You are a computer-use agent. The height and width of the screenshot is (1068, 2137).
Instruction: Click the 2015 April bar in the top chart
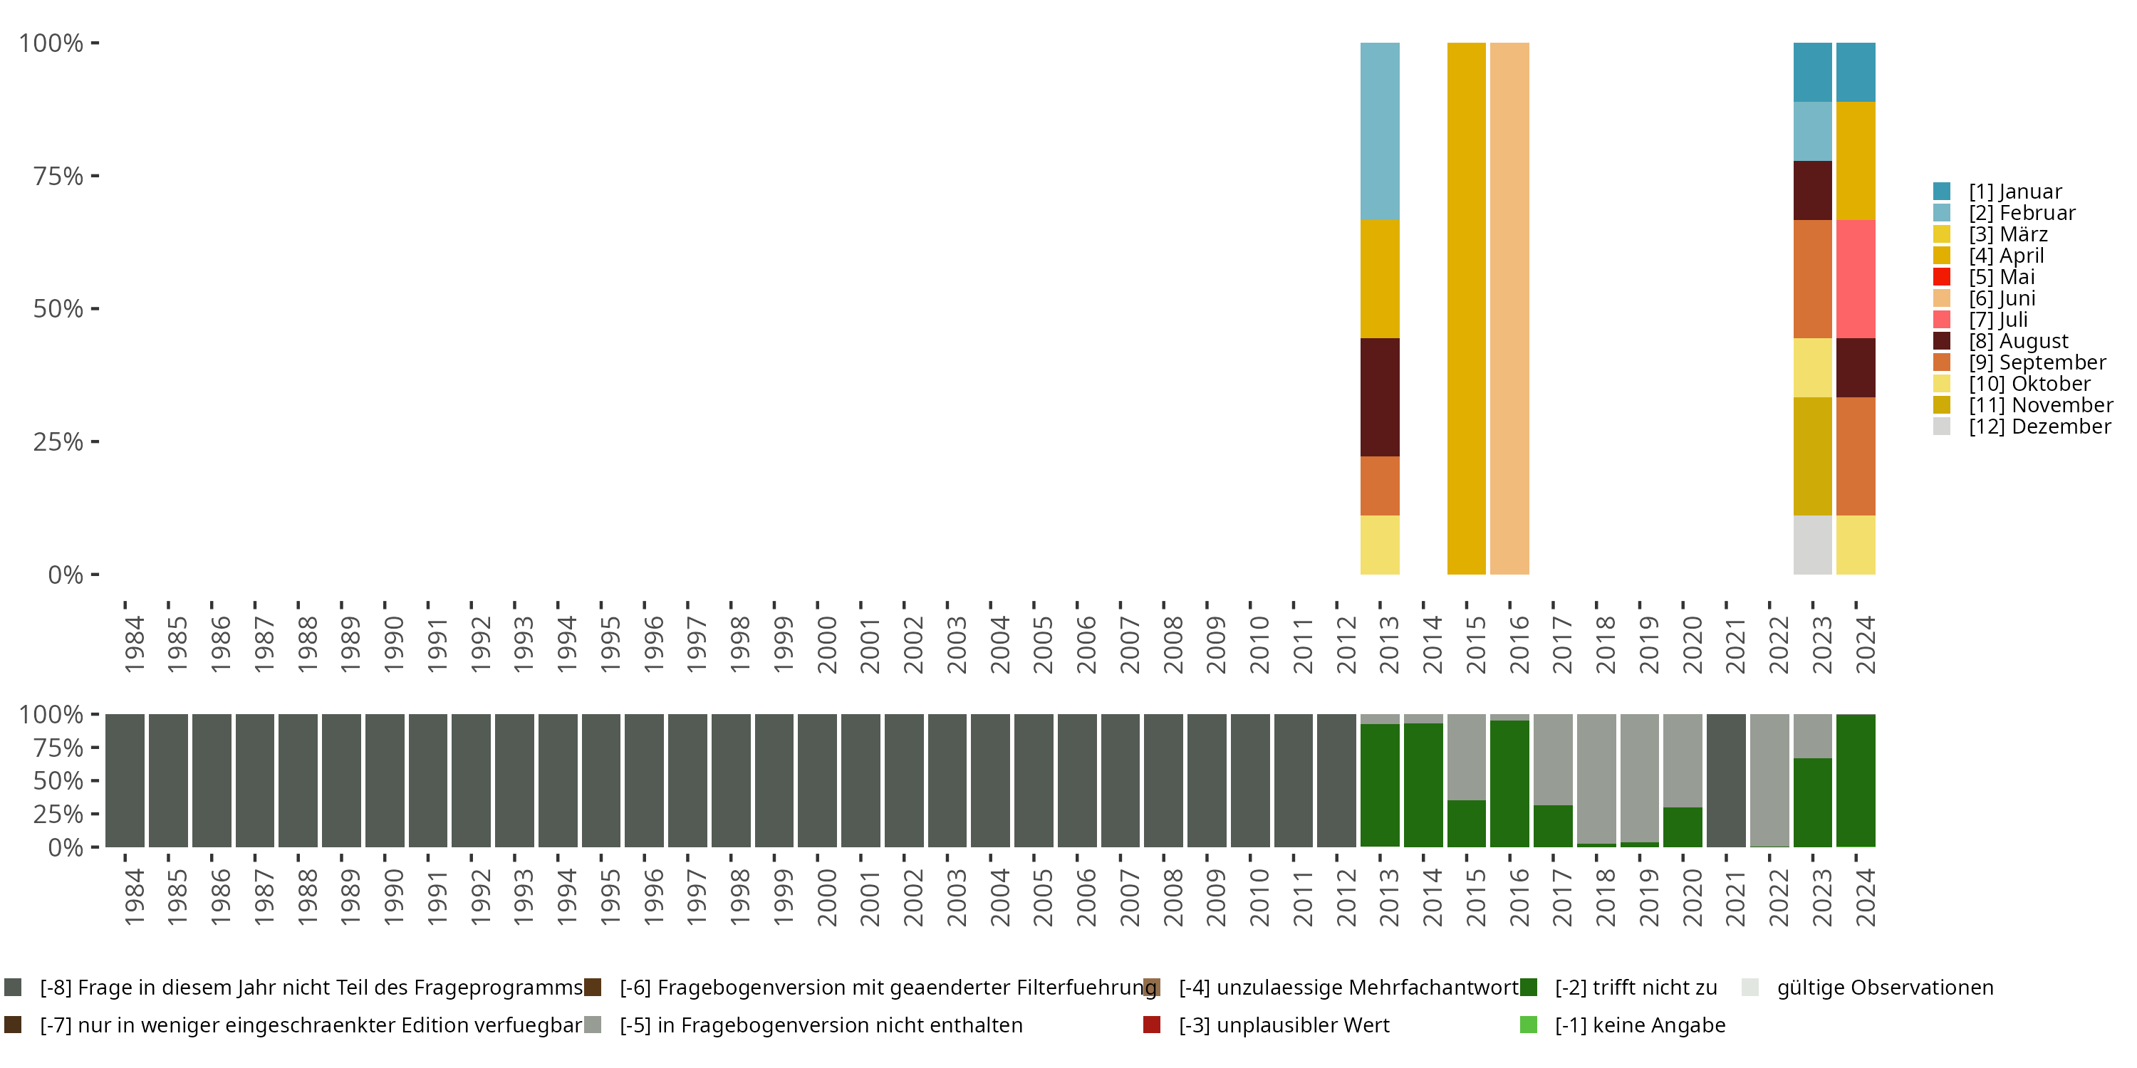pyautogui.click(x=1466, y=308)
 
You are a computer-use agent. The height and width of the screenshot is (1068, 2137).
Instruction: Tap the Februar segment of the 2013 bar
pyautogui.click(x=1380, y=131)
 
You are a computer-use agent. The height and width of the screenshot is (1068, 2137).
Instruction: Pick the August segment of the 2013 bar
pyautogui.click(x=1380, y=397)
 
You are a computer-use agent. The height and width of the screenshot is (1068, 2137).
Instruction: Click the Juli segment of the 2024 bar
pyautogui.click(x=1856, y=278)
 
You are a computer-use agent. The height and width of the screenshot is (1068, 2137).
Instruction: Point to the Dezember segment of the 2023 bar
pyautogui.click(x=1813, y=545)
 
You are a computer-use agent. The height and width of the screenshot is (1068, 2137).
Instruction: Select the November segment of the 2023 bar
pyautogui.click(x=1813, y=456)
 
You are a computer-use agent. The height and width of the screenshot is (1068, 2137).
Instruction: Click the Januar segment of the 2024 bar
pyautogui.click(x=1856, y=72)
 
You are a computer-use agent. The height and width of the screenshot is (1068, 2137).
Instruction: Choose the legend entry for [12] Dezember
pyautogui.click(x=2039, y=426)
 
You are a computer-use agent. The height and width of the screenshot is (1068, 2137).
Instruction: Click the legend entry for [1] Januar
pyautogui.click(x=2014, y=192)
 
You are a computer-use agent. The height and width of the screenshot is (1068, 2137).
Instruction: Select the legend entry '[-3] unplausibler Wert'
pyautogui.click(x=1284, y=1025)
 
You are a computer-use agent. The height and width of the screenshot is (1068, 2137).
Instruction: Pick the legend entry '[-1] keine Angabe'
pyautogui.click(x=1639, y=1025)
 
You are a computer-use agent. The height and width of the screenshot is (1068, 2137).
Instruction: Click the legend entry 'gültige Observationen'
pyautogui.click(x=1884, y=988)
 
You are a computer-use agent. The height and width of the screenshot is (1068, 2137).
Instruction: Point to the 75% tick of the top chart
pyautogui.click(x=58, y=176)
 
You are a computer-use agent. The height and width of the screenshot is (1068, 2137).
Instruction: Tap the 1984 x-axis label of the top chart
pyautogui.click(x=134, y=645)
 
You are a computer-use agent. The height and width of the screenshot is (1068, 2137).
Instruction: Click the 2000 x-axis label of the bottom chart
pyautogui.click(x=826, y=898)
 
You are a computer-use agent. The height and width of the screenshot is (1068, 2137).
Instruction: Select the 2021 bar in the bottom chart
pyautogui.click(x=1727, y=780)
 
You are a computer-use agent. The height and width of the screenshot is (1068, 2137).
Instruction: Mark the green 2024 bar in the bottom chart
pyautogui.click(x=1856, y=780)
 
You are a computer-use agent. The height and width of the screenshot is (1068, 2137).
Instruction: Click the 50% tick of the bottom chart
pyautogui.click(x=58, y=780)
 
